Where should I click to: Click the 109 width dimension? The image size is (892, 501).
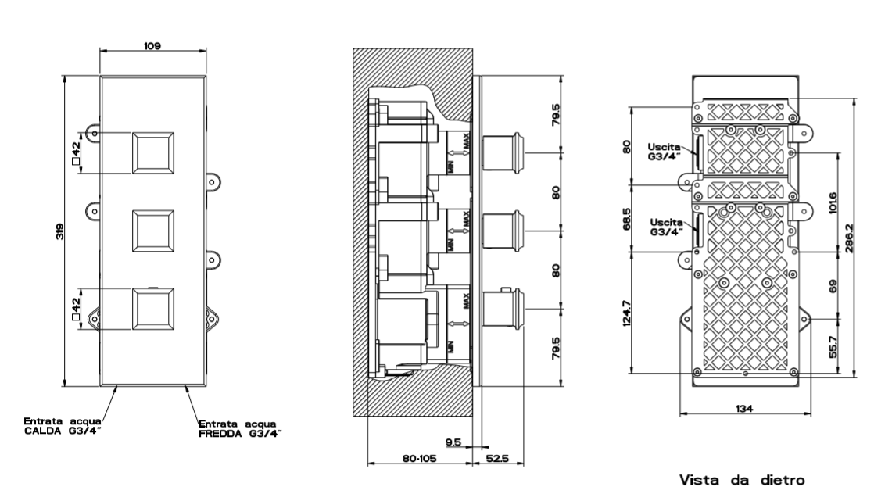152,45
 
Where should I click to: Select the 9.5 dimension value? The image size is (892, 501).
451,442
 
